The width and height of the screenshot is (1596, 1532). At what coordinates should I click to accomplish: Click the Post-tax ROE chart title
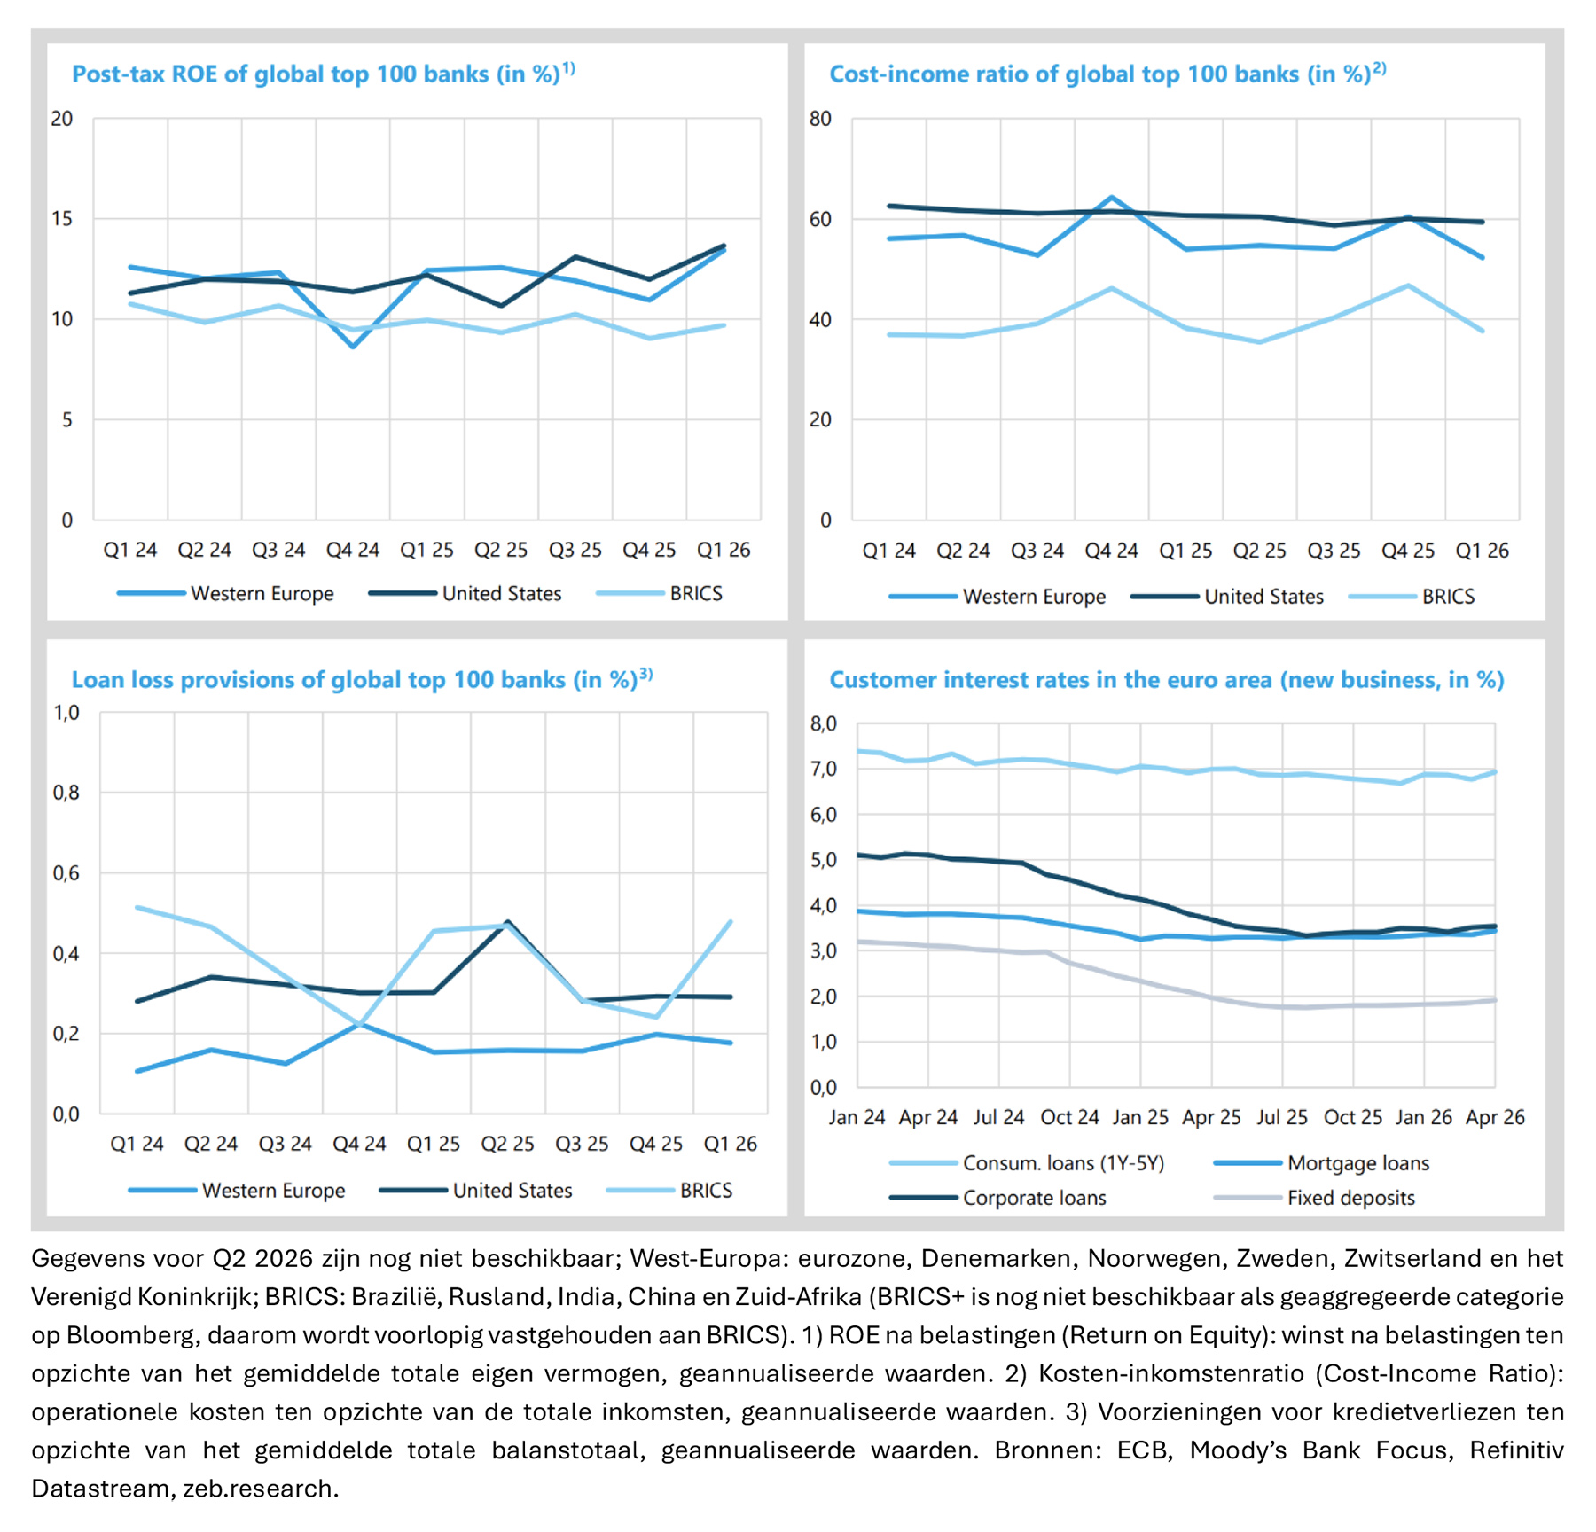point(324,74)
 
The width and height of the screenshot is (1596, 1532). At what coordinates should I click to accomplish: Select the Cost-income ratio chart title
point(1107,74)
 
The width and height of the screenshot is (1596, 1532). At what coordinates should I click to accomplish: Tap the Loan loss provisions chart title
point(362,679)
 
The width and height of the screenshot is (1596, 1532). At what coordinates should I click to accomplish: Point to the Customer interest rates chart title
point(1167,680)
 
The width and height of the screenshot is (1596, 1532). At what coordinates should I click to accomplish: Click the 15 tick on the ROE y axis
point(62,218)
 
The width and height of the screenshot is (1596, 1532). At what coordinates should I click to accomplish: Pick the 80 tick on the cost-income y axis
point(821,119)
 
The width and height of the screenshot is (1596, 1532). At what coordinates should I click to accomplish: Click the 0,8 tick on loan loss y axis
point(66,793)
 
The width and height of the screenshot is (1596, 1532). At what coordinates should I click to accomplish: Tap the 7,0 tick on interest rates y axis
point(824,769)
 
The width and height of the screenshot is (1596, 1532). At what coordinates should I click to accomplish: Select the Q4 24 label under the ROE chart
point(353,550)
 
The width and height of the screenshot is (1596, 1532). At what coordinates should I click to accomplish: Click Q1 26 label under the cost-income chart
point(1483,551)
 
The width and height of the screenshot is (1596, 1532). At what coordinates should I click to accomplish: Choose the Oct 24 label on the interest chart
point(1070,1117)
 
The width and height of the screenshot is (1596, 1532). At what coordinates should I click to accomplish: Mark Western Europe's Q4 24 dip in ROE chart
point(353,346)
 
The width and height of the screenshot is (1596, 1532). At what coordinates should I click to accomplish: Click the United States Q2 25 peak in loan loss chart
point(507,922)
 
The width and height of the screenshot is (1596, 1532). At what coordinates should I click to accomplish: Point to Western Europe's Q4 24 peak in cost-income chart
point(1112,198)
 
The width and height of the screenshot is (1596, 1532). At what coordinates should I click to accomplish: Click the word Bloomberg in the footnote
point(123,1335)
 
